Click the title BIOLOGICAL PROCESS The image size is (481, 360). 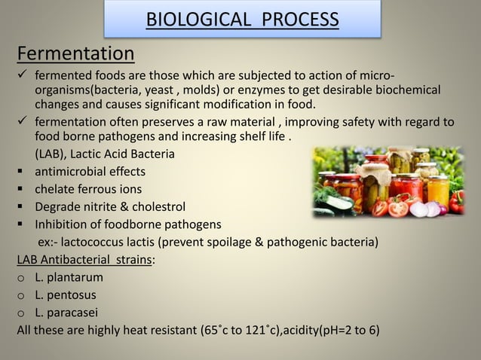(x=241, y=19)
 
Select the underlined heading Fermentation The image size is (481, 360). (x=76, y=54)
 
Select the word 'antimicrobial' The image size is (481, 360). (x=70, y=172)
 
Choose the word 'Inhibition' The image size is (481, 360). (x=64, y=224)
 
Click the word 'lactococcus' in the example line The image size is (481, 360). (x=101, y=242)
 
